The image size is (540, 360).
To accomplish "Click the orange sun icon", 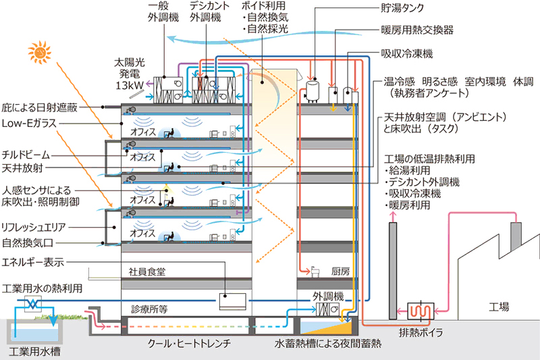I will (40, 51).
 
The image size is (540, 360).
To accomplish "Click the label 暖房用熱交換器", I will (416, 30).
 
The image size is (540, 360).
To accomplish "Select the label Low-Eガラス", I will (29, 125).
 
